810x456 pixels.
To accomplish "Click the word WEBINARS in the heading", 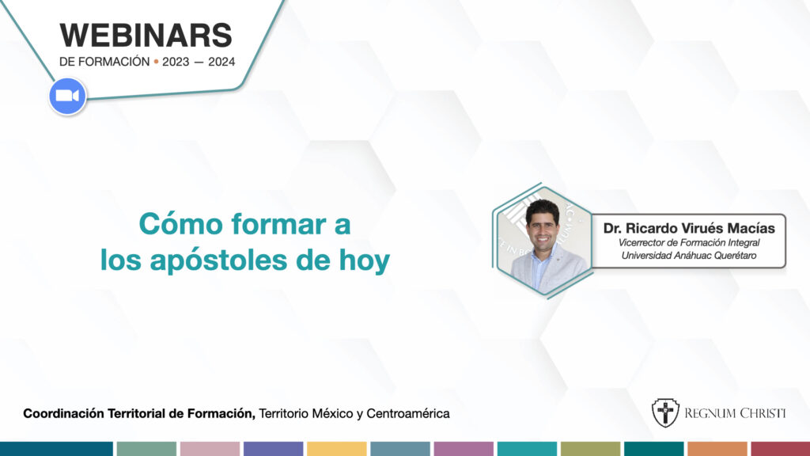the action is pos(146,35).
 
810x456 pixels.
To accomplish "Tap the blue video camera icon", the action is pos(67,96).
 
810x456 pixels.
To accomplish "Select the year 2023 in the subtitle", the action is pos(176,62).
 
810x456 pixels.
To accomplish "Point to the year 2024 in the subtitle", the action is pos(221,62).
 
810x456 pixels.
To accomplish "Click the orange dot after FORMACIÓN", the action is pos(156,62).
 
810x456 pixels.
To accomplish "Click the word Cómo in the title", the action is pos(181,224).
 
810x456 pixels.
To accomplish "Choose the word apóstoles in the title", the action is pos(218,260).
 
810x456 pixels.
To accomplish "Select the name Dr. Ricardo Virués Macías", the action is pos(689,228).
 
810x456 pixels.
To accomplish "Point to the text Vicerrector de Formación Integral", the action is pos(689,242).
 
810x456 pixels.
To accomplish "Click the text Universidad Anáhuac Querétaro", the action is pos(689,256).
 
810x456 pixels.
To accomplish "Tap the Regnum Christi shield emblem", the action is pos(665,412).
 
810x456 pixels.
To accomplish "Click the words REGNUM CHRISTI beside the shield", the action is pos(735,413).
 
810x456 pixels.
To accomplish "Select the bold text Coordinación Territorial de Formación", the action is pos(139,413).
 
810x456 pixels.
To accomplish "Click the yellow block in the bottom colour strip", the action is pos(337,449).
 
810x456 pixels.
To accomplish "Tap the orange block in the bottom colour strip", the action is pos(717,449).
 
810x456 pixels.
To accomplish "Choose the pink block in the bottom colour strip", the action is pos(210,449).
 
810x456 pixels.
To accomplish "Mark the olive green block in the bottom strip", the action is pos(590,449).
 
